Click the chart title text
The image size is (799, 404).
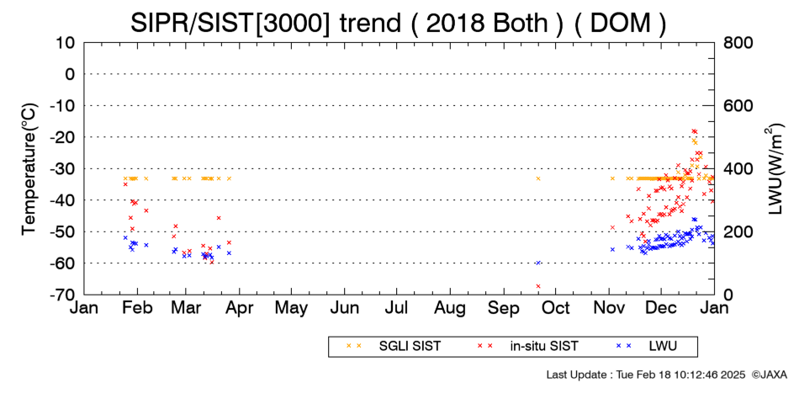(x=398, y=23)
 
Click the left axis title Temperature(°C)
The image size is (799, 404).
(x=29, y=169)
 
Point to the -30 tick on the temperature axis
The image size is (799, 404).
(x=63, y=169)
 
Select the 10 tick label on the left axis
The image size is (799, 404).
(x=66, y=43)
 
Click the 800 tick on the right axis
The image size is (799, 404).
(x=738, y=43)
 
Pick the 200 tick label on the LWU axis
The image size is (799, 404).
(x=738, y=231)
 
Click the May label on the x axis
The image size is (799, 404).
(x=292, y=308)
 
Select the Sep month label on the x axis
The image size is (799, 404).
(x=504, y=308)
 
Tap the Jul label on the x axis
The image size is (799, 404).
(x=396, y=308)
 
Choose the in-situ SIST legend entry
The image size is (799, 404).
(x=528, y=347)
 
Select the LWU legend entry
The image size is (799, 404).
(x=647, y=347)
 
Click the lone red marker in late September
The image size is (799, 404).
(x=538, y=286)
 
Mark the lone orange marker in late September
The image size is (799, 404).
(x=538, y=178)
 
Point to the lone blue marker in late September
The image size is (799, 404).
(x=538, y=263)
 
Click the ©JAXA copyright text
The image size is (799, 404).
(x=769, y=375)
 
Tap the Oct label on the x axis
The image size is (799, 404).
(x=556, y=308)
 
